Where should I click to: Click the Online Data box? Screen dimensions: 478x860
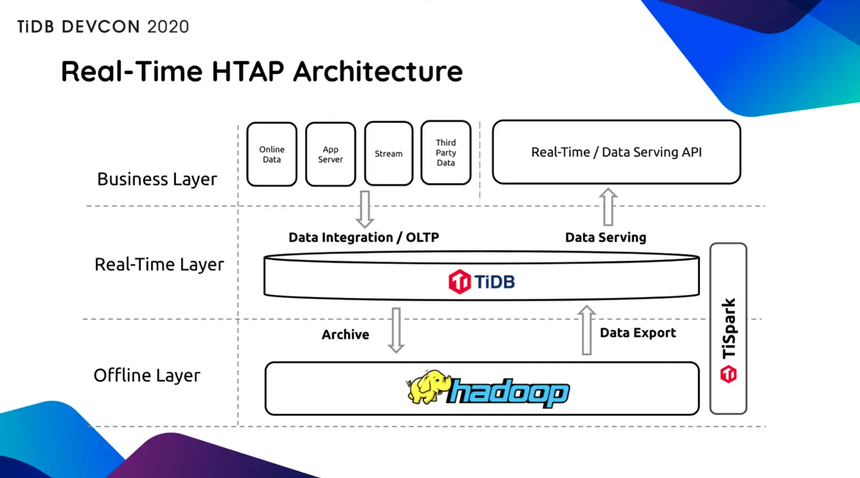(272, 154)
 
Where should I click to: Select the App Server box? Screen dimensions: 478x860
(330, 154)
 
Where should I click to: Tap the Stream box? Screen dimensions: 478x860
(388, 154)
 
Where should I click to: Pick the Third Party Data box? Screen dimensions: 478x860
(446, 153)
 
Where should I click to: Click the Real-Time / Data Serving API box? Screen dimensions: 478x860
(616, 152)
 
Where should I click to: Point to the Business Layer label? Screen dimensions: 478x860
(157, 179)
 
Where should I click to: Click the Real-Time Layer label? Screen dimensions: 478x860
(159, 264)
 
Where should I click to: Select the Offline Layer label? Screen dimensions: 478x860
(147, 375)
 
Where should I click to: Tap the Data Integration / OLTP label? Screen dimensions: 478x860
(363, 237)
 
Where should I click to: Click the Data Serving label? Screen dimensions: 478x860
(605, 237)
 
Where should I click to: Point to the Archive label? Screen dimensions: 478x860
(345, 334)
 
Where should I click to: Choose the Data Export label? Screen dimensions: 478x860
(638, 333)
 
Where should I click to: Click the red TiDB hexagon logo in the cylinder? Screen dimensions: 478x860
(459, 281)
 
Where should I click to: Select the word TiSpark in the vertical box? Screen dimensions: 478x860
(729, 328)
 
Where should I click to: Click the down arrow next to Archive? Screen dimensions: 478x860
(396, 330)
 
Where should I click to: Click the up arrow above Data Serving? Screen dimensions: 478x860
(608, 207)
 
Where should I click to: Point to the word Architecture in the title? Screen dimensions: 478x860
(378, 72)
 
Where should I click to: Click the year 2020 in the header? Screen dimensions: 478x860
(168, 26)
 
